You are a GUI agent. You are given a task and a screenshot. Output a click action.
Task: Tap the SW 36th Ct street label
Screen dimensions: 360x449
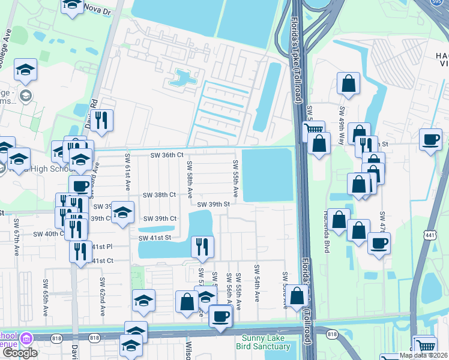pos(166,155)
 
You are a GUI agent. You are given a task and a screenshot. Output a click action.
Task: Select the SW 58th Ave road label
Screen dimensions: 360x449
pos(189,179)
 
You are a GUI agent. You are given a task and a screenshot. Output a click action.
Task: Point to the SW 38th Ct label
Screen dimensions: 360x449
pos(160,195)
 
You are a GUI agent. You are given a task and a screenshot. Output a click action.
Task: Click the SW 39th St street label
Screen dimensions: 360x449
pos(214,205)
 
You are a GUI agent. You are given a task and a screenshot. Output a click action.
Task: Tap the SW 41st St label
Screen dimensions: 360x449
pos(155,238)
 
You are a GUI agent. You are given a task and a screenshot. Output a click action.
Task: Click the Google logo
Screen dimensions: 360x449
pos(19,353)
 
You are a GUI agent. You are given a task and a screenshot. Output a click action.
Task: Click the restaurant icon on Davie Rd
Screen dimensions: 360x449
pos(101,120)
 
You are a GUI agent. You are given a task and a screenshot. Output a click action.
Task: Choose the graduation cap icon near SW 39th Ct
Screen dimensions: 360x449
pos(122,212)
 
